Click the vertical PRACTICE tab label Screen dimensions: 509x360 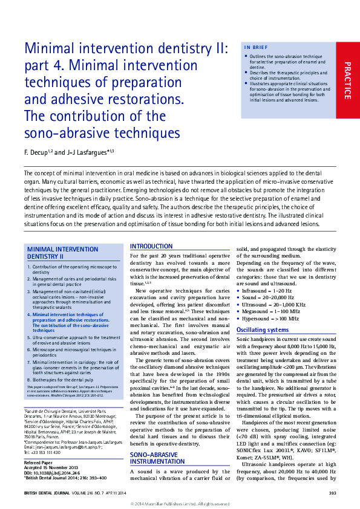[347, 80]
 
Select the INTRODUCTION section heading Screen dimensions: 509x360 [151, 247]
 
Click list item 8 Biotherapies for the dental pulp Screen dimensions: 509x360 [70, 379]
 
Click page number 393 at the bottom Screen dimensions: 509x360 [332, 493]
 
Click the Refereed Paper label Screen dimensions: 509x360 [41, 461]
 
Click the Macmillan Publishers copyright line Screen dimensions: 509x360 [180, 503]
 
